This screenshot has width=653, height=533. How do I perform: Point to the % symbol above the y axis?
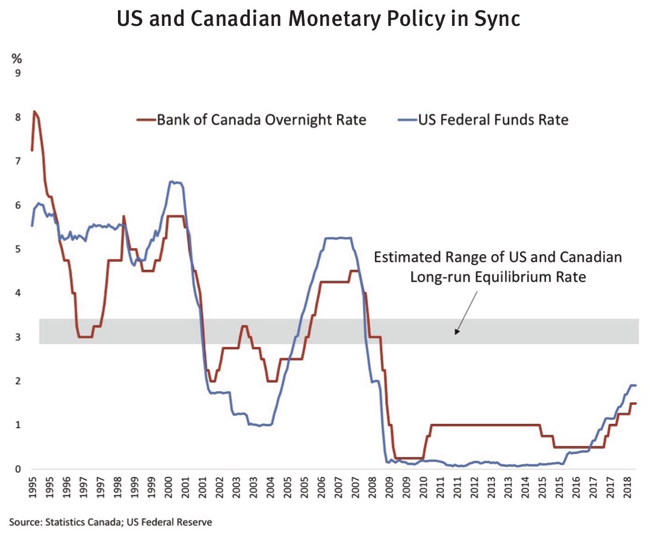click(x=17, y=58)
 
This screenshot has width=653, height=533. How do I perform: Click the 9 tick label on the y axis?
click(x=17, y=73)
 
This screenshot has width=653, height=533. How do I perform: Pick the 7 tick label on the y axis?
click(x=17, y=161)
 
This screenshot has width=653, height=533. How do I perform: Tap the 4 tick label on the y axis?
click(x=17, y=293)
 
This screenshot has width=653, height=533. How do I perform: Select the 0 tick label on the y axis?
click(x=17, y=469)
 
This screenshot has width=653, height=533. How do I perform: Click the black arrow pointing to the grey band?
click(x=466, y=311)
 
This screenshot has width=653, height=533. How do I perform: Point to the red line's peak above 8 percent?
click(x=34, y=111)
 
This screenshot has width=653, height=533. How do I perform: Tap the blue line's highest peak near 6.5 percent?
click(x=173, y=181)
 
